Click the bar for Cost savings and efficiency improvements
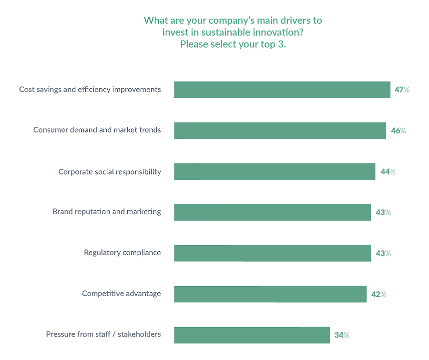click(x=282, y=90)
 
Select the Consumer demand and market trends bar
click(x=280, y=131)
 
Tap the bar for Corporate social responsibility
click(x=275, y=172)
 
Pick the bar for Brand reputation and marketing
click(x=272, y=212)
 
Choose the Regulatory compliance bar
click(x=272, y=253)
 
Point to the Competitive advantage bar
click(x=270, y=294)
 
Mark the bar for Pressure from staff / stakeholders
click(x=252, y=335)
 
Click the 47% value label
click(x=402, y=90)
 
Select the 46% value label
click(x=398, y=131)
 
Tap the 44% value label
click(x=388, y=172)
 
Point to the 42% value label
click(x=378, y=294)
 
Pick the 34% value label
click(x=342, y=335)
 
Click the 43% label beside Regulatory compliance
click(x=383, y=253)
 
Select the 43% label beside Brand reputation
click(x=383, y=212)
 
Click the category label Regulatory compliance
click(x=123, y=253)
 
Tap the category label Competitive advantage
click(x=121, y=294)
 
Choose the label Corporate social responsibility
click(x=110, y=172)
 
